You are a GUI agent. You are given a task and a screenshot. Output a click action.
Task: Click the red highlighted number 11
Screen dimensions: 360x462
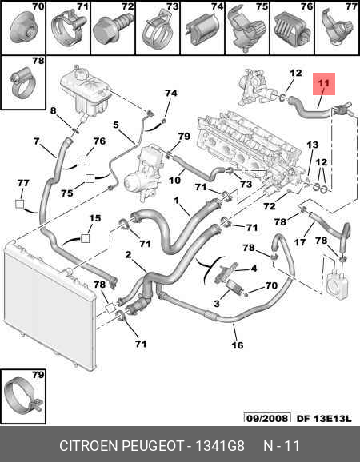coord(324,83)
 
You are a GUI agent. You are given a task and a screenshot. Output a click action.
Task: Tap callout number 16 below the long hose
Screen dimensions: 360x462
coord(238,345)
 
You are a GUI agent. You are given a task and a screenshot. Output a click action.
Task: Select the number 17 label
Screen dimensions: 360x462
coord(300,242)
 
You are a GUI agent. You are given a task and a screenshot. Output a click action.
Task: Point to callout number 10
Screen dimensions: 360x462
coord(175,180)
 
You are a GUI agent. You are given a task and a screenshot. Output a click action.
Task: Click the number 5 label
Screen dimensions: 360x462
coord(116,125)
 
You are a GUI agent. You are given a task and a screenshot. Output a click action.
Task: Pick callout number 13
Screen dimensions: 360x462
coord(313,145)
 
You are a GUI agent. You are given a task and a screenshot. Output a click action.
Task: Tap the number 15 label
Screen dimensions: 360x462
coord(95,218)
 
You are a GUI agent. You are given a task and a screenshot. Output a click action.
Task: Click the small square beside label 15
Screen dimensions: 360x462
coord(85,238)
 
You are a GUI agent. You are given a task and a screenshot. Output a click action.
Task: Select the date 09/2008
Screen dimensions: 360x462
coord(267,418)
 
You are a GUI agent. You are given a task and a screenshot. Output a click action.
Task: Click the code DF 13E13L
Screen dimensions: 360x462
coord(324,418)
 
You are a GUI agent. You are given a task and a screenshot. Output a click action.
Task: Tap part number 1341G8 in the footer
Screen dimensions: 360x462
coord(220,446)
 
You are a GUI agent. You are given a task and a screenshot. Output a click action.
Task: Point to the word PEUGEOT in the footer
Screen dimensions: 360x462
coord(153,446)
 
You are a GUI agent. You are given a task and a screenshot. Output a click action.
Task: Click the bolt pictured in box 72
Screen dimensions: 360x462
coord(113,27)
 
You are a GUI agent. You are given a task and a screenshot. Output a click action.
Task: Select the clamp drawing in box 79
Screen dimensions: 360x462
coord(23,396)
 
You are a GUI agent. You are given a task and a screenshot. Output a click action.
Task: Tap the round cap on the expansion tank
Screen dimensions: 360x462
coord(81,73)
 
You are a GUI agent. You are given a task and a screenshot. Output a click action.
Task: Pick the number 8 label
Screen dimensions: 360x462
coord(53,111)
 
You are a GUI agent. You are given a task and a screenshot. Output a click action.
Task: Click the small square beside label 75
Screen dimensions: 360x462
coord(90,179)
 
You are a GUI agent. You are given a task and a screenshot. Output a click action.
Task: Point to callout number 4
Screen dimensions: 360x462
coord(254,269)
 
